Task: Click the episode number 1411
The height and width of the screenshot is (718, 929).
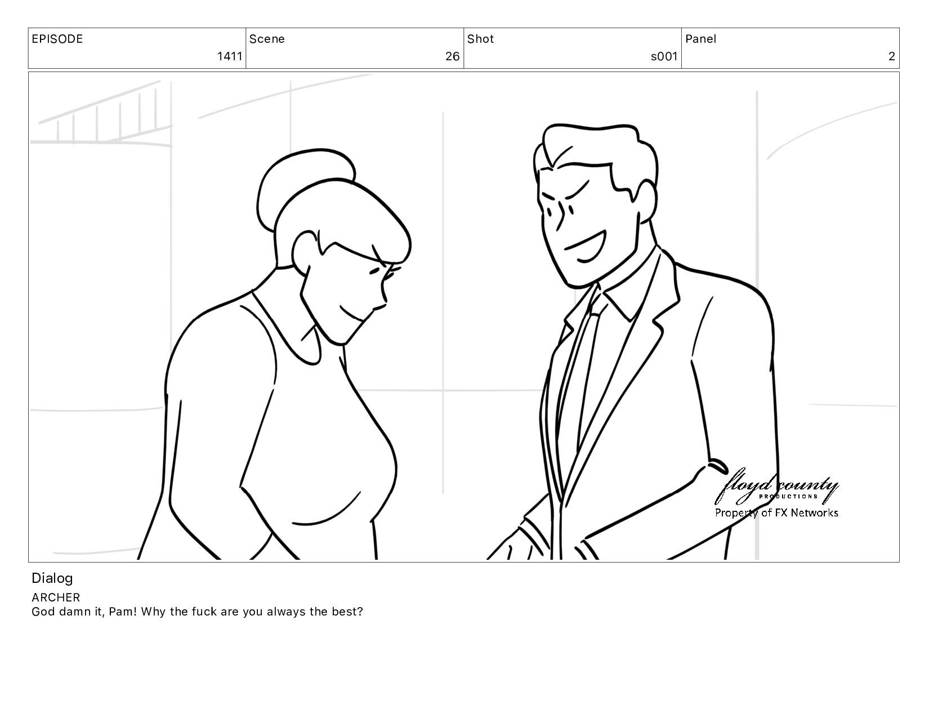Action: pos(230,56)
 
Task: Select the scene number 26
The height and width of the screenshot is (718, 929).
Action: pos(452,56)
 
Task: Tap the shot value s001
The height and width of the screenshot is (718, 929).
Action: pos(664,56)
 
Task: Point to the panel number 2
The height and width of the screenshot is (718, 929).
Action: pos(891,56)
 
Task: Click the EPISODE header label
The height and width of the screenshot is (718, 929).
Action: pos(57,39)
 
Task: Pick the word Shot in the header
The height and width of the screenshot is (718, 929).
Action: pos(480,39)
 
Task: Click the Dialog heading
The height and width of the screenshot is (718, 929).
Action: pos(52,578)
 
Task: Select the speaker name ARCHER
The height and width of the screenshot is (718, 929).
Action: pos(56,597)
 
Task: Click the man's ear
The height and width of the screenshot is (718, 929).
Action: pos(646,201)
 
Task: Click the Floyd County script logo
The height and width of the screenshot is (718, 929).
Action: pos(776,486)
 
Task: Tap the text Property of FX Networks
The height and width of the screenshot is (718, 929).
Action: pos(776,512)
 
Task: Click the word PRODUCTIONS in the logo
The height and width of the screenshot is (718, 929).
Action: pos(788,497)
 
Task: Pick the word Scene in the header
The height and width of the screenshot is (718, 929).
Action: pos(267,39)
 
